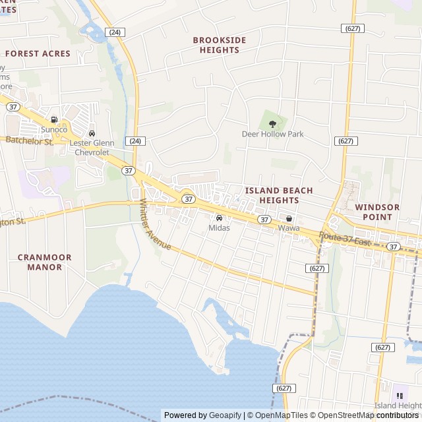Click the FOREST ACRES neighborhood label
38,53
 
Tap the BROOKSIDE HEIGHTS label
220,45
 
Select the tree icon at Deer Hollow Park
272,123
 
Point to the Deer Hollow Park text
272,134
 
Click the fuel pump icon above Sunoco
54,120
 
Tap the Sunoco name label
54,130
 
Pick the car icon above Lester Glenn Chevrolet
92,134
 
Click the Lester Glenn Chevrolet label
92,148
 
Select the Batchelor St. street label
30,140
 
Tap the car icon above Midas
219,218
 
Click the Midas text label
219,228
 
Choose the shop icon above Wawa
289,218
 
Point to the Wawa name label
288,228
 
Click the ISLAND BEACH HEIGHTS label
279,195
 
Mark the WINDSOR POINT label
377,212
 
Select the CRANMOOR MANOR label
45,262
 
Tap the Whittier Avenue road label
156,226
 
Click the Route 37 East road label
346,239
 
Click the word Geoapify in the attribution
226,415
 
